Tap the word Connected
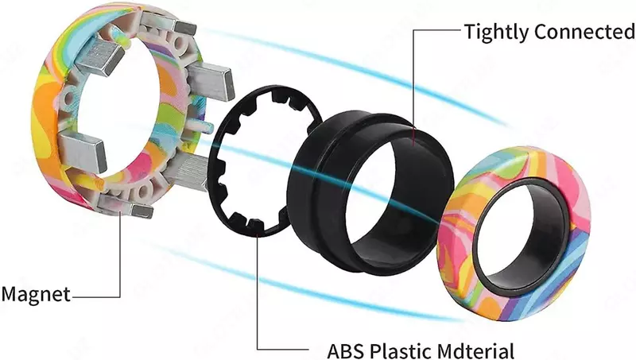pyautogui.click(x=584, y=31)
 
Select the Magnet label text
pyautogui.click(x=36, y=294)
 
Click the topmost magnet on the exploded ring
pyautogui.click(x=170, y=23)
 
